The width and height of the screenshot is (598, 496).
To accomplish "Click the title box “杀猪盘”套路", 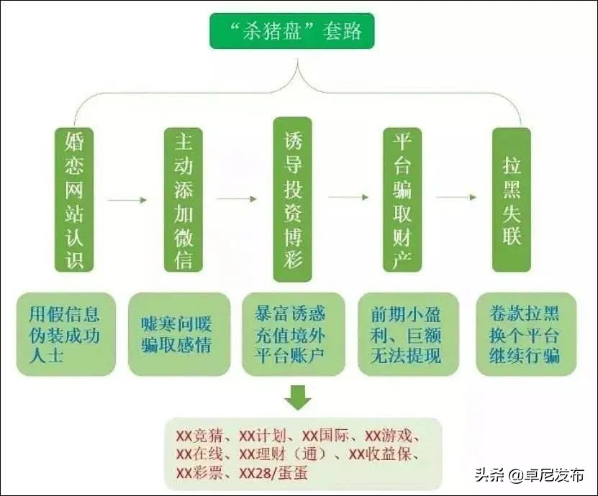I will click(292, 31).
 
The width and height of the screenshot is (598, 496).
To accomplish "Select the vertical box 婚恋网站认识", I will click(70, 200).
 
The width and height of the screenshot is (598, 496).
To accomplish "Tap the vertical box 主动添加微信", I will click(183, 200).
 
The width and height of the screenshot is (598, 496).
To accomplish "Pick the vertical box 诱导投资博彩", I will click(292, 198).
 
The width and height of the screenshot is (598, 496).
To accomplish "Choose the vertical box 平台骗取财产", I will click(402, 200).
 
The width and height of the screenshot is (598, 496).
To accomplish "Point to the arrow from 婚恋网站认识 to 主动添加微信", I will click(127, 199).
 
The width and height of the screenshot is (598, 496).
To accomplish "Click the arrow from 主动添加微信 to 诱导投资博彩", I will click(237, 199).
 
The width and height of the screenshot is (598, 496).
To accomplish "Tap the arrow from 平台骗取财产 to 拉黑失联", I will click(456, 197).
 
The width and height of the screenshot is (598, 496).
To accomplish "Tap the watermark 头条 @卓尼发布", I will click(531, 474).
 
